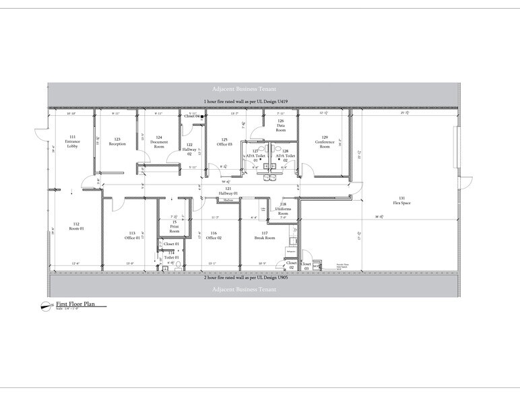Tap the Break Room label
tap(264, 236)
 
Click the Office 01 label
tap(131, 236)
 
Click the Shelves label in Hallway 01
tap(228, 199)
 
